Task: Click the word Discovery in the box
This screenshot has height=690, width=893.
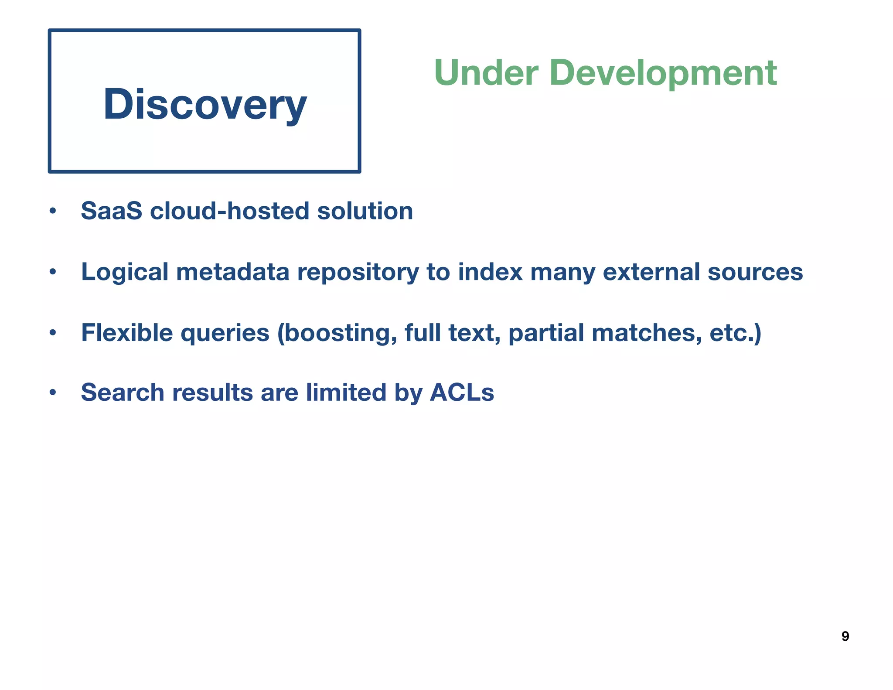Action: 205,104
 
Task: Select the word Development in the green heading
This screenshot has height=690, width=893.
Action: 663,73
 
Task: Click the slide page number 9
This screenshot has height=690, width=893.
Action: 845,636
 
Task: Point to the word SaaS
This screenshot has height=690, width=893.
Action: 112,211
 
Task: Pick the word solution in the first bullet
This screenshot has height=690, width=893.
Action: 365,211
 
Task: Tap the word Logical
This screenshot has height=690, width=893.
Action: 125,272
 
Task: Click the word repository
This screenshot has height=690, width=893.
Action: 358,273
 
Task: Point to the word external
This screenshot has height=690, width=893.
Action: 651,272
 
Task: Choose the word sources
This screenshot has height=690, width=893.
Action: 755,272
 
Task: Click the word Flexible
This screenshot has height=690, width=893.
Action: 127,333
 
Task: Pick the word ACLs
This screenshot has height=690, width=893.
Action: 462,392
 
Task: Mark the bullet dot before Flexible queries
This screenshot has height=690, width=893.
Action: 53,333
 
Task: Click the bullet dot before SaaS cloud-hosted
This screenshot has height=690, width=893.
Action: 53,212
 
